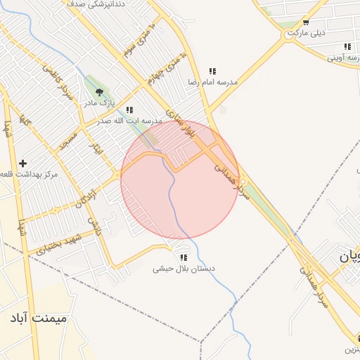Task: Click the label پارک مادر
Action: click(101, 103)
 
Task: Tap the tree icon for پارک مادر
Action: click(99, 91)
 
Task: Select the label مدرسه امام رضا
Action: click(212, 82)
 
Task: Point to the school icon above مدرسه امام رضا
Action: click(212, 71)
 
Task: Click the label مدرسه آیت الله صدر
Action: click(131, 121)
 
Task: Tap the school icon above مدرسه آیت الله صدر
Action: click(129, 110)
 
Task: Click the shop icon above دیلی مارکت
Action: click(305, 22)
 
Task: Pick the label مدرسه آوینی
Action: click(344, 58)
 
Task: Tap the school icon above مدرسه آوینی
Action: click(348, 46)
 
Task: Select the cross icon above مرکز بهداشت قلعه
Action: click(23, 163)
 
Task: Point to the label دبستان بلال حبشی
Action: click(184, 269)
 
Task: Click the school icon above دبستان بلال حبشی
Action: click(184, 257)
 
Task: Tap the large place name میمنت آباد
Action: click(39, 319)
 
